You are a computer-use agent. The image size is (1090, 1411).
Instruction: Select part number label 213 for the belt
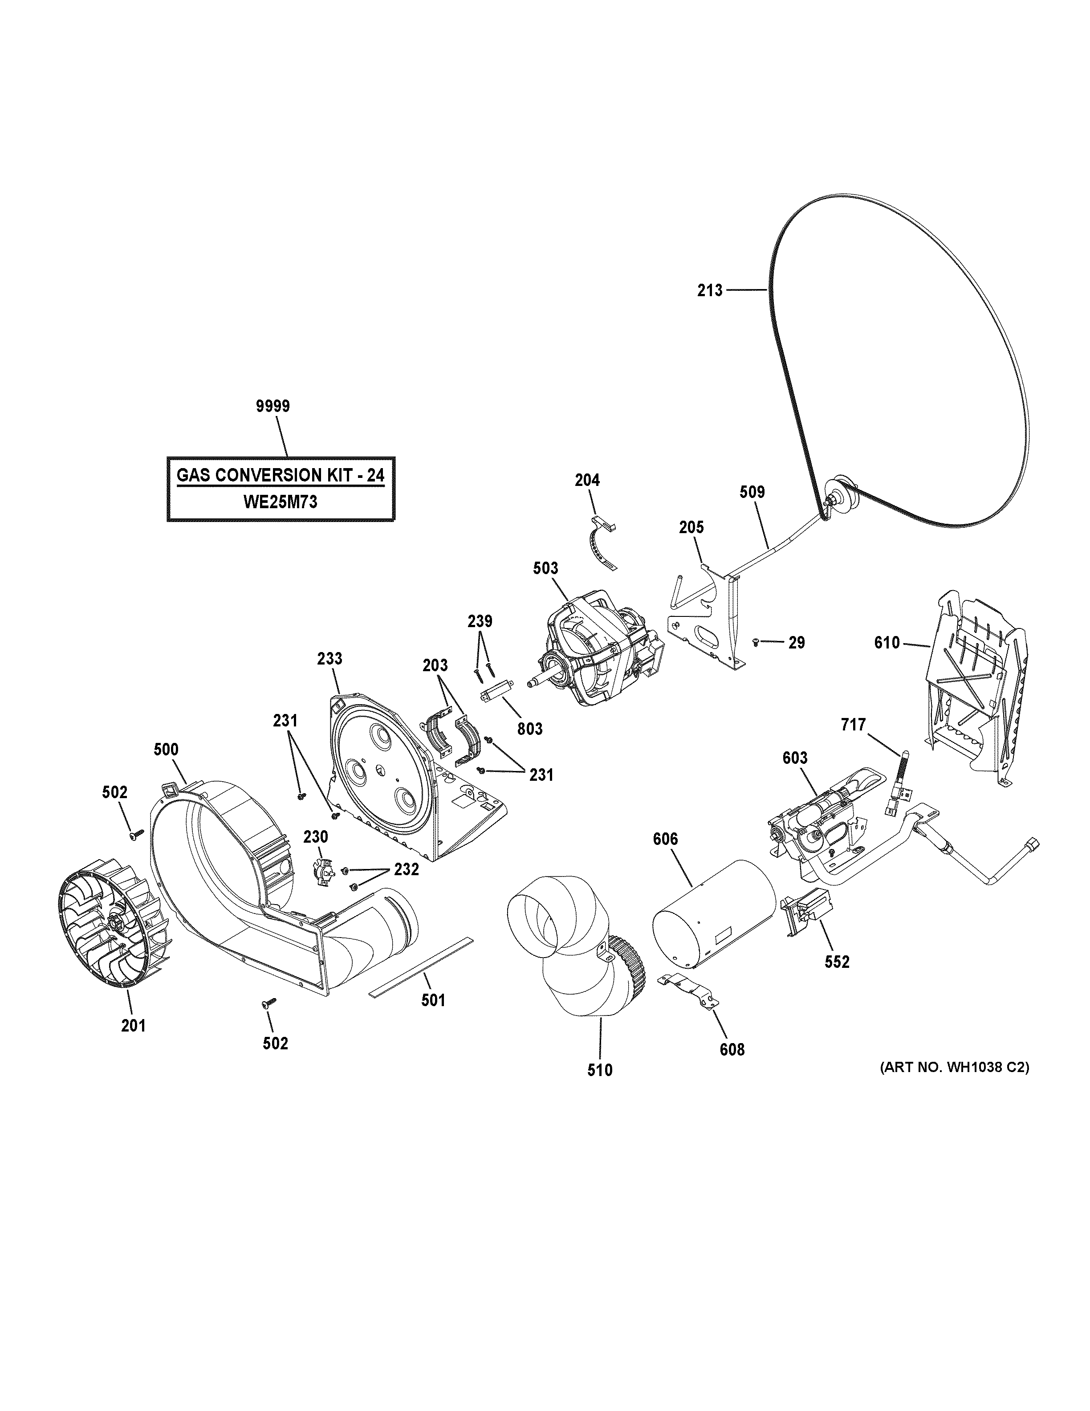[x=710, y=291]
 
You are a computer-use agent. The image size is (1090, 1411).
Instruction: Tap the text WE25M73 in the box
[x=280, y=502]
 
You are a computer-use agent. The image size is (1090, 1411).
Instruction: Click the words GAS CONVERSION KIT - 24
[x=280, y=476]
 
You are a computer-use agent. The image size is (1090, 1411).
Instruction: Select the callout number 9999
[x=272, y=406]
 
